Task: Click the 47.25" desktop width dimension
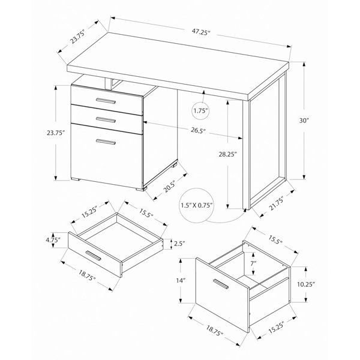[201, 32]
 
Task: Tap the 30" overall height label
[304, 121]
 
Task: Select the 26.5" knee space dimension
[198, 130]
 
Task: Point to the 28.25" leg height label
[227, 154]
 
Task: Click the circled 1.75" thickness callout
[200, 111]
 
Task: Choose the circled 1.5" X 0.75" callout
[197, 205]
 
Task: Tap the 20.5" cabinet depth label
[169, 186]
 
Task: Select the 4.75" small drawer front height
[53, 240]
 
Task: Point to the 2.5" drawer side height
[179, 244]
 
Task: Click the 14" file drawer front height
[181, 280]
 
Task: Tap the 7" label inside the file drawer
[253, 263]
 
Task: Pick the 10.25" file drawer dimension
[305, 284]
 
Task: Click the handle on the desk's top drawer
[106, 101]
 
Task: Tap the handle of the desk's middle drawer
[106, 120]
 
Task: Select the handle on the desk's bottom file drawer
[106, 142]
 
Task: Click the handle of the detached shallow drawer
[93, 256]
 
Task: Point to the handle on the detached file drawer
[221, 284]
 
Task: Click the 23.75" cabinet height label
[55, 133]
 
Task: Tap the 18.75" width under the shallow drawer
[87, 275]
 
